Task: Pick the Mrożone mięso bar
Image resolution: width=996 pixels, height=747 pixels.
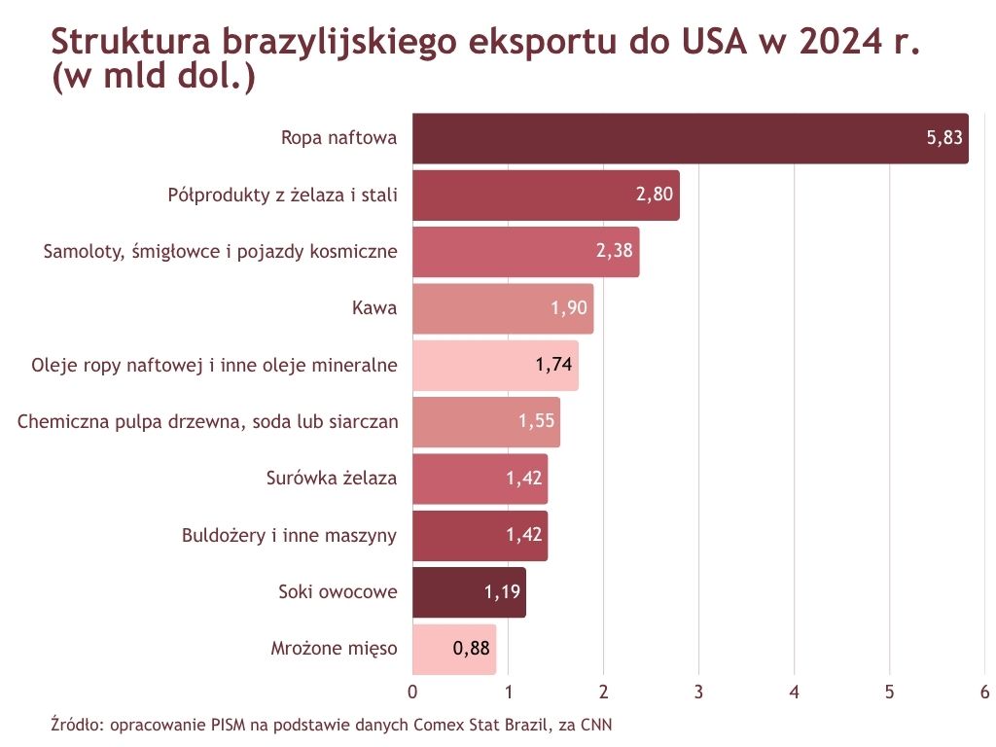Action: point(454,649)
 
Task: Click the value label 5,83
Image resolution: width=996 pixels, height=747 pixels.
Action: point(944,138)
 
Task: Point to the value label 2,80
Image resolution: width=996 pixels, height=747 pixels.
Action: point(655,195)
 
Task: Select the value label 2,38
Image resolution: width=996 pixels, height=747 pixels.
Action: point(614,251)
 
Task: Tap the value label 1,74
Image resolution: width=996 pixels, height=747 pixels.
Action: point(553,365)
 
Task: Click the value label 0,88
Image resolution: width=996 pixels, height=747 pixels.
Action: point(472,649)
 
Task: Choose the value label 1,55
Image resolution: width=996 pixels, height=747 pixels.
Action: point(535,422)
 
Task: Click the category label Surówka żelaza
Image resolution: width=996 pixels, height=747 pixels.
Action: point(332,479)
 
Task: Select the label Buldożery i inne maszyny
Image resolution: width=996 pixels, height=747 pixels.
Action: point(290,535)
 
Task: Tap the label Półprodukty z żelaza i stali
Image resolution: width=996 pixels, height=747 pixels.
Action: point(283,195)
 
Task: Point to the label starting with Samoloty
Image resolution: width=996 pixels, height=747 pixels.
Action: point(221,251)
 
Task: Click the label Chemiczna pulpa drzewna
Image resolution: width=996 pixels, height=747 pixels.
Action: point(208,422)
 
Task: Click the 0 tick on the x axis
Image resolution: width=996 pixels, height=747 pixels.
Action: point(413,693)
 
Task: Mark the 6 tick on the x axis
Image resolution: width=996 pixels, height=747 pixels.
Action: point(984,693)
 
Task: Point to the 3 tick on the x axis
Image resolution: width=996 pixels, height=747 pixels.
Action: point(699,693)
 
